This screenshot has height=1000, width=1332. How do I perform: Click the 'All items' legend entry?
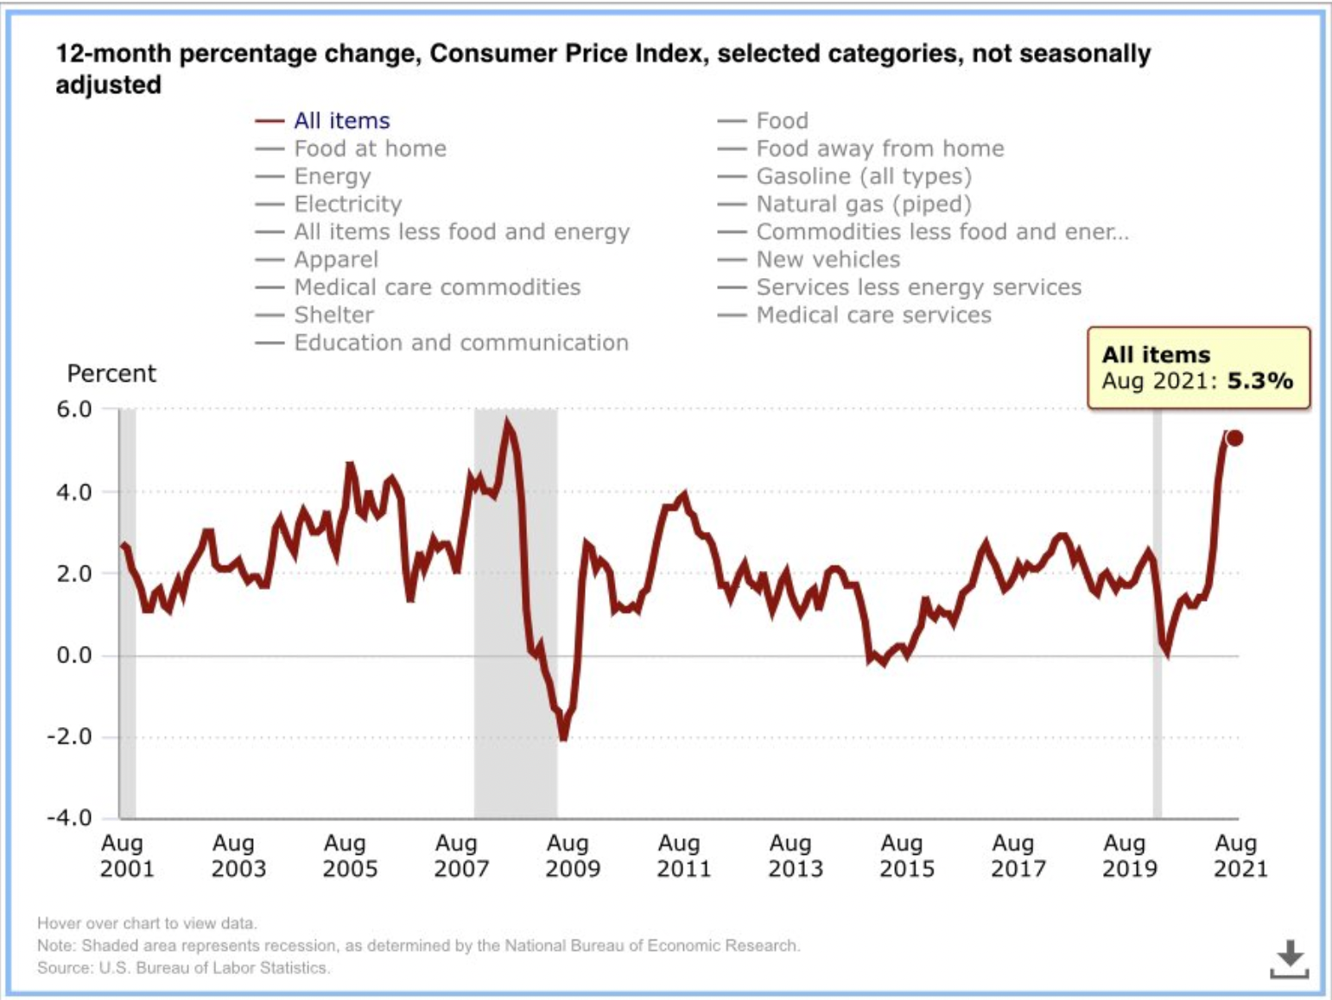[x=341, y=121]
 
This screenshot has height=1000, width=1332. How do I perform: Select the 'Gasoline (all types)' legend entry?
[x=863, y=176]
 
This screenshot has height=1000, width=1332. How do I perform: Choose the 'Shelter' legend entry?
[x=333, y=315]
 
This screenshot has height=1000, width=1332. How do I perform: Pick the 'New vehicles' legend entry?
[x=828, y=260]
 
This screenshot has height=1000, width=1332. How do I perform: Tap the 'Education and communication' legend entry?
[x=460, y=343]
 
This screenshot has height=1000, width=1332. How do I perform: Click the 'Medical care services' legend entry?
[x=873, y=315]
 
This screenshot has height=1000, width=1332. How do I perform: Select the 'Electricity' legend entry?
[x=347, y=205]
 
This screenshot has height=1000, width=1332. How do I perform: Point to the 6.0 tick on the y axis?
[x=74, y=409]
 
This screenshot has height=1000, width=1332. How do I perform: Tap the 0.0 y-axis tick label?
[x=74, y=655]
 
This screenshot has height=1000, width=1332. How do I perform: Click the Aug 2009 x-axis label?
[x=572, y=856]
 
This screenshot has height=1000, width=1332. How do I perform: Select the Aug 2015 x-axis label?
[x=906, y=856]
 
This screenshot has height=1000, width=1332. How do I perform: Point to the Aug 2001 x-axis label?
[x=126, y=856]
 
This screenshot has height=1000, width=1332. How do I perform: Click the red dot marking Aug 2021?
[x=1234, y=438]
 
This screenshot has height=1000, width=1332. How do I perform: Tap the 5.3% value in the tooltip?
[x=1259, y=381]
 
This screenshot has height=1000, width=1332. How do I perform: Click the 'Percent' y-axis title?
[x=111, y=374]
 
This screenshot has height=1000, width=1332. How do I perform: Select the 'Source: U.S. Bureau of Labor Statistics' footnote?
[x=183, y=968]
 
